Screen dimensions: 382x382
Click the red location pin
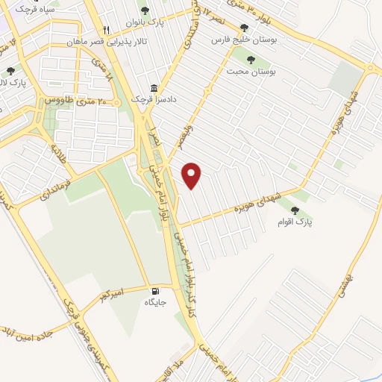point(192,175)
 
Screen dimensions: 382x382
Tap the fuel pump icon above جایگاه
point(155,291)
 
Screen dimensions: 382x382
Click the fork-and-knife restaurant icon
point(107,30)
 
